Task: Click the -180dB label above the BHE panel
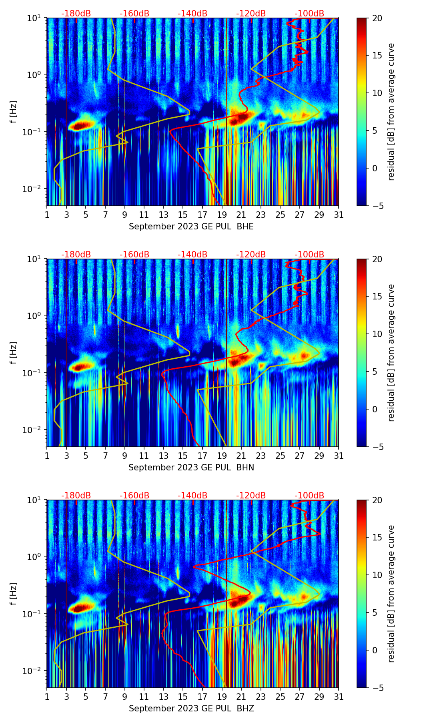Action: point(76,14)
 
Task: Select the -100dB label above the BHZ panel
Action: point(309,496)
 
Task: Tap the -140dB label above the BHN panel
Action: point(192,255)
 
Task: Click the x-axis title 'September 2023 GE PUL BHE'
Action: point(191,227)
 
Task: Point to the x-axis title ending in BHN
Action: point(191,468)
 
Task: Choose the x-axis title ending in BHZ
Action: point(191,709)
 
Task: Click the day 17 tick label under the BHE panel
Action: point(202,215)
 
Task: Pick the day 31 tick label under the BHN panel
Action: point(339,456)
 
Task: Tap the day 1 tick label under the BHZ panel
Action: point(47,697)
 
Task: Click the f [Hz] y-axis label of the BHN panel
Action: point(14,353)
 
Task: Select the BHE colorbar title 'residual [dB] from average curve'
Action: point(391,112)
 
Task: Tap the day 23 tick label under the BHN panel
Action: point(261,456)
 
